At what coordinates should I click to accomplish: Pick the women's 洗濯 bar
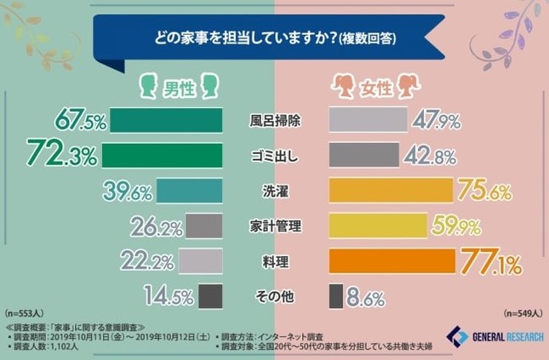[x=391, y=190]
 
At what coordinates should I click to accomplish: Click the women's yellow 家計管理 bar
[x=378, y=226]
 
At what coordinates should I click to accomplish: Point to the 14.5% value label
[x=168, y=297]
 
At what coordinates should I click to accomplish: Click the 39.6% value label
[x=125, y=190]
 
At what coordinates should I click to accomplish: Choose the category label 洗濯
[x=274, y=190]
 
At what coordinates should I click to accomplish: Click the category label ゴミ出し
[x=274, y=155]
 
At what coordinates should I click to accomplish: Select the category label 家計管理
[x=274, y=226]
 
